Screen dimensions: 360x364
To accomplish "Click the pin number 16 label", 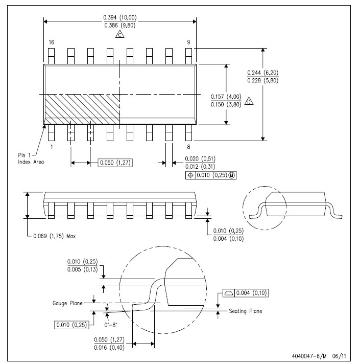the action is [52, 42].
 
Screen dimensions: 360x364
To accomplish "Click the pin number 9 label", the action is [189, 42].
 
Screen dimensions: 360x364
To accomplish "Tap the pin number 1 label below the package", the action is [52, 147].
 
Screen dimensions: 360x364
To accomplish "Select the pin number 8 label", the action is [189, 147].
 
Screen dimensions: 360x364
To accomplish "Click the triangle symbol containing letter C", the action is [119, 34].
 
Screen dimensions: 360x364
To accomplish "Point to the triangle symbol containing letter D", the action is [249, 101].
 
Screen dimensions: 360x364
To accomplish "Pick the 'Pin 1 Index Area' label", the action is [31, 158].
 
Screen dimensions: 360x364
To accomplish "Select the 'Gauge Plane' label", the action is [67, 303].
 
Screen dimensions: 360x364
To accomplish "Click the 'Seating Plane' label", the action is [246, 311].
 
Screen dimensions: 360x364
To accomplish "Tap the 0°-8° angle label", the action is [111, 325].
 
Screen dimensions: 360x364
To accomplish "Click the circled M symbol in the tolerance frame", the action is [232, 175].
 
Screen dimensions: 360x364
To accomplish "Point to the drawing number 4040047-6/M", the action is [309, 356].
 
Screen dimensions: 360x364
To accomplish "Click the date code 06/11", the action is [339, 356].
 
